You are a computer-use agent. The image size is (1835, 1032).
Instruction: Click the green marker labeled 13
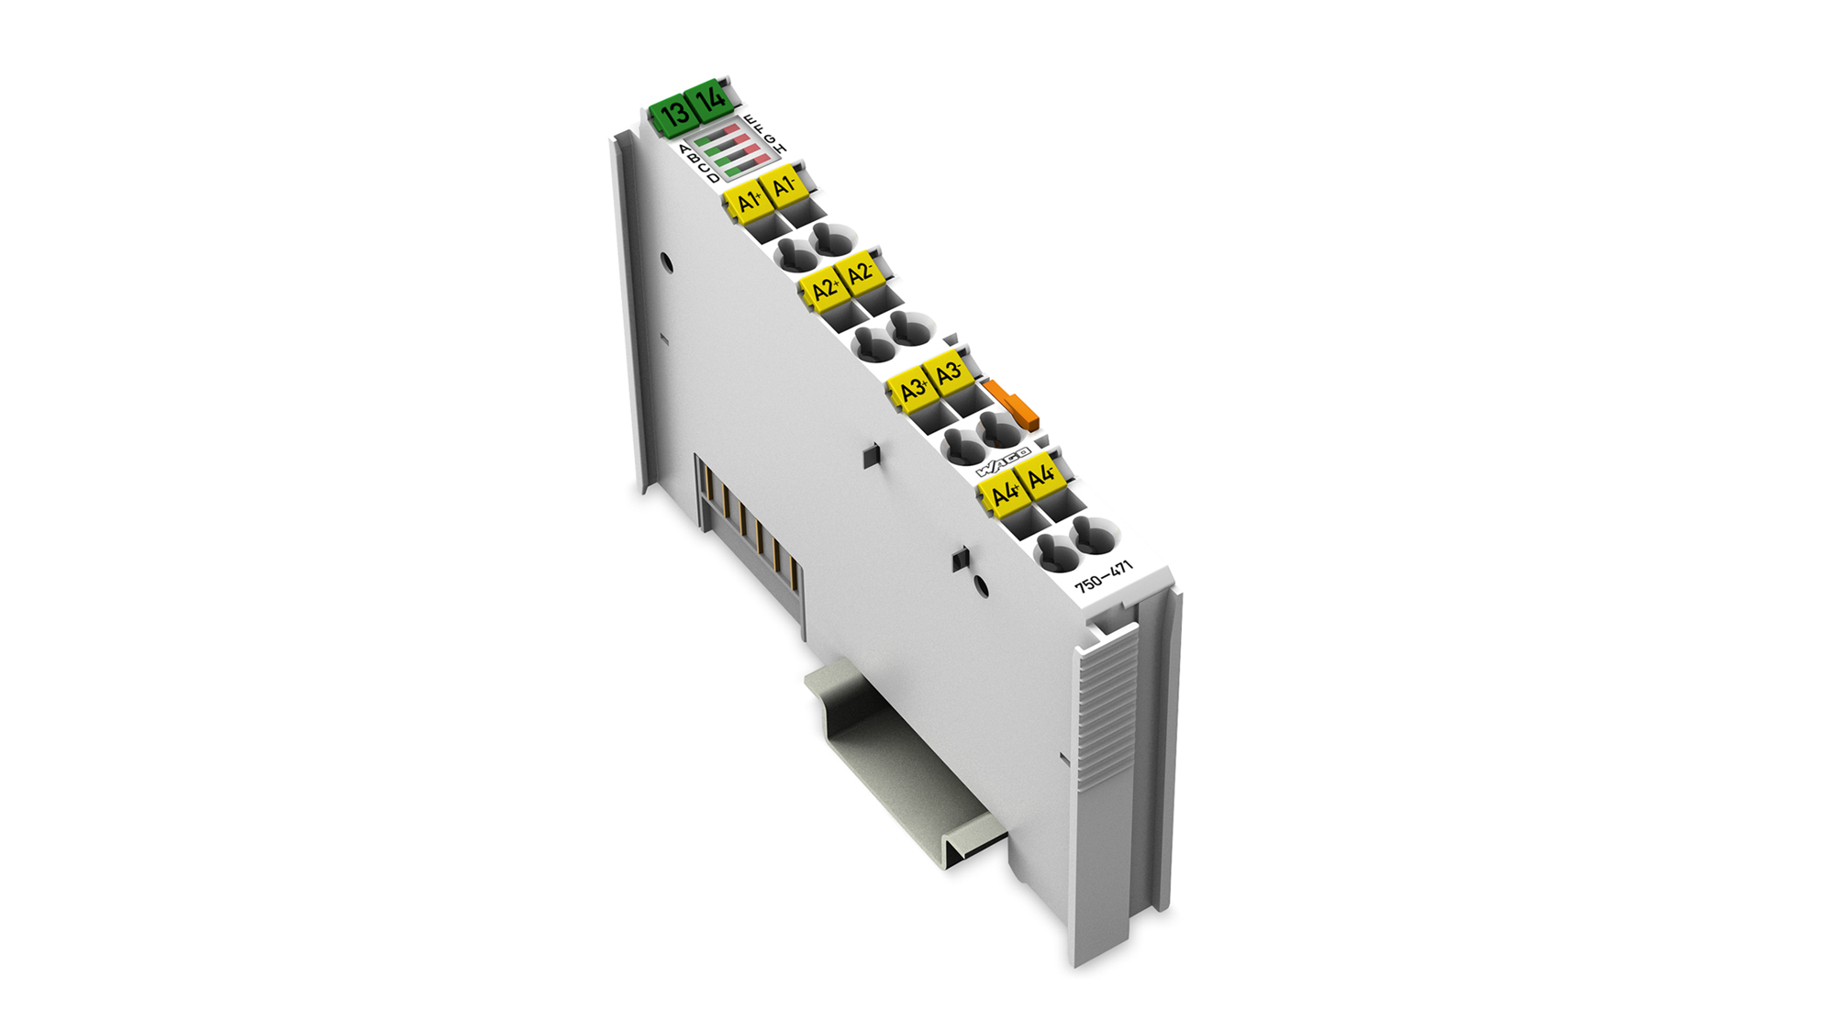[674, 114]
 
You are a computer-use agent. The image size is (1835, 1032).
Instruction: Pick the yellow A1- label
[784, 186]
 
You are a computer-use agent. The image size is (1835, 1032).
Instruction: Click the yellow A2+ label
[825, 290]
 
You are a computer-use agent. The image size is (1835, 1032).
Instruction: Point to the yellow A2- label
[860, 273]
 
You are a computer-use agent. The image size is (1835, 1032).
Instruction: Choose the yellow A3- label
[949, 372]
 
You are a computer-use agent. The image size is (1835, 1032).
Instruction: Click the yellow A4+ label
[1005, 493]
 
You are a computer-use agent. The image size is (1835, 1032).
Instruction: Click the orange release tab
[1013, 405]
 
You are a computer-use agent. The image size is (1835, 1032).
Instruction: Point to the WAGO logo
[1002, 462]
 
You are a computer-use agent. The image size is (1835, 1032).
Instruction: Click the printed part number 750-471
[1104, 577]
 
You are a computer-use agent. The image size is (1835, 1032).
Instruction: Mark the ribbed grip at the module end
[1107, 706]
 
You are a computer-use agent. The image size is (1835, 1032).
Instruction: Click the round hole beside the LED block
[667, 264]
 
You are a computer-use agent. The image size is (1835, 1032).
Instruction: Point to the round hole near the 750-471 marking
[980, 584]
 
